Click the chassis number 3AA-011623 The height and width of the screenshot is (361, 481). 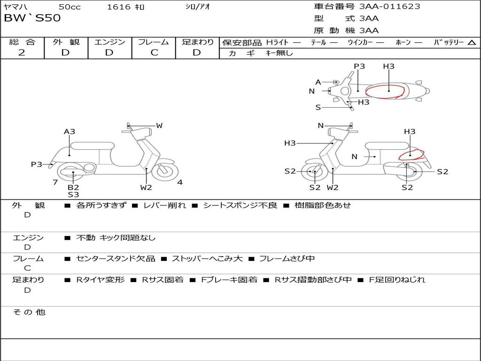pyautogui.click(x=389, y=7)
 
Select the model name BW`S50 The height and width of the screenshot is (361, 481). pyautogui.click(x=32, y=18)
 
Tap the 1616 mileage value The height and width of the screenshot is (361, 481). pyautogui.click(x=119, y=7)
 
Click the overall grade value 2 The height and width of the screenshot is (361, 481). pyautogui.click(x=22, y=53)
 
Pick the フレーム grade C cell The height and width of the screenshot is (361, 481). pyautogui.click(x=154, y=53)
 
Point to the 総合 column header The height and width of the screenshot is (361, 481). pyautogui.click(x=22, y=42)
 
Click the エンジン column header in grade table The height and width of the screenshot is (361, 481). pyautogui.click(x=109, y=42)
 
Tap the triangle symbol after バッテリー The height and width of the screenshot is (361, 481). pyautogui.click(x=472, y=43)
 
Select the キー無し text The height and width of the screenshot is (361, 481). pyautogui.click(x=279, y=53)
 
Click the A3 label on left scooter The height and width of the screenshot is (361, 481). pyautogui.click(x=70, y=132)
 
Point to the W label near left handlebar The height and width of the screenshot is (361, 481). pyautogui.click(x=159, y=126)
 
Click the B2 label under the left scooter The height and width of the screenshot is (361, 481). pyautogui.click(x=73, y=187)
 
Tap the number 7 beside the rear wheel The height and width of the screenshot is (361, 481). pyautogui.click(x=55, y=182)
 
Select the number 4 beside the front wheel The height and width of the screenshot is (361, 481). pyautogui.click(x=180, y=182)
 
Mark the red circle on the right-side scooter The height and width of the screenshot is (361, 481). pyautogui.click(x=411, y=155)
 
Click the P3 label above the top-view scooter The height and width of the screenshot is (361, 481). pyautogui.click(x=359, y=66)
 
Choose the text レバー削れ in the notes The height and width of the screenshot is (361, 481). pyautogui.click(x=164, y=205)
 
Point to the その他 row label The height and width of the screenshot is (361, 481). pyautogui.click(x=29, y=312)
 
